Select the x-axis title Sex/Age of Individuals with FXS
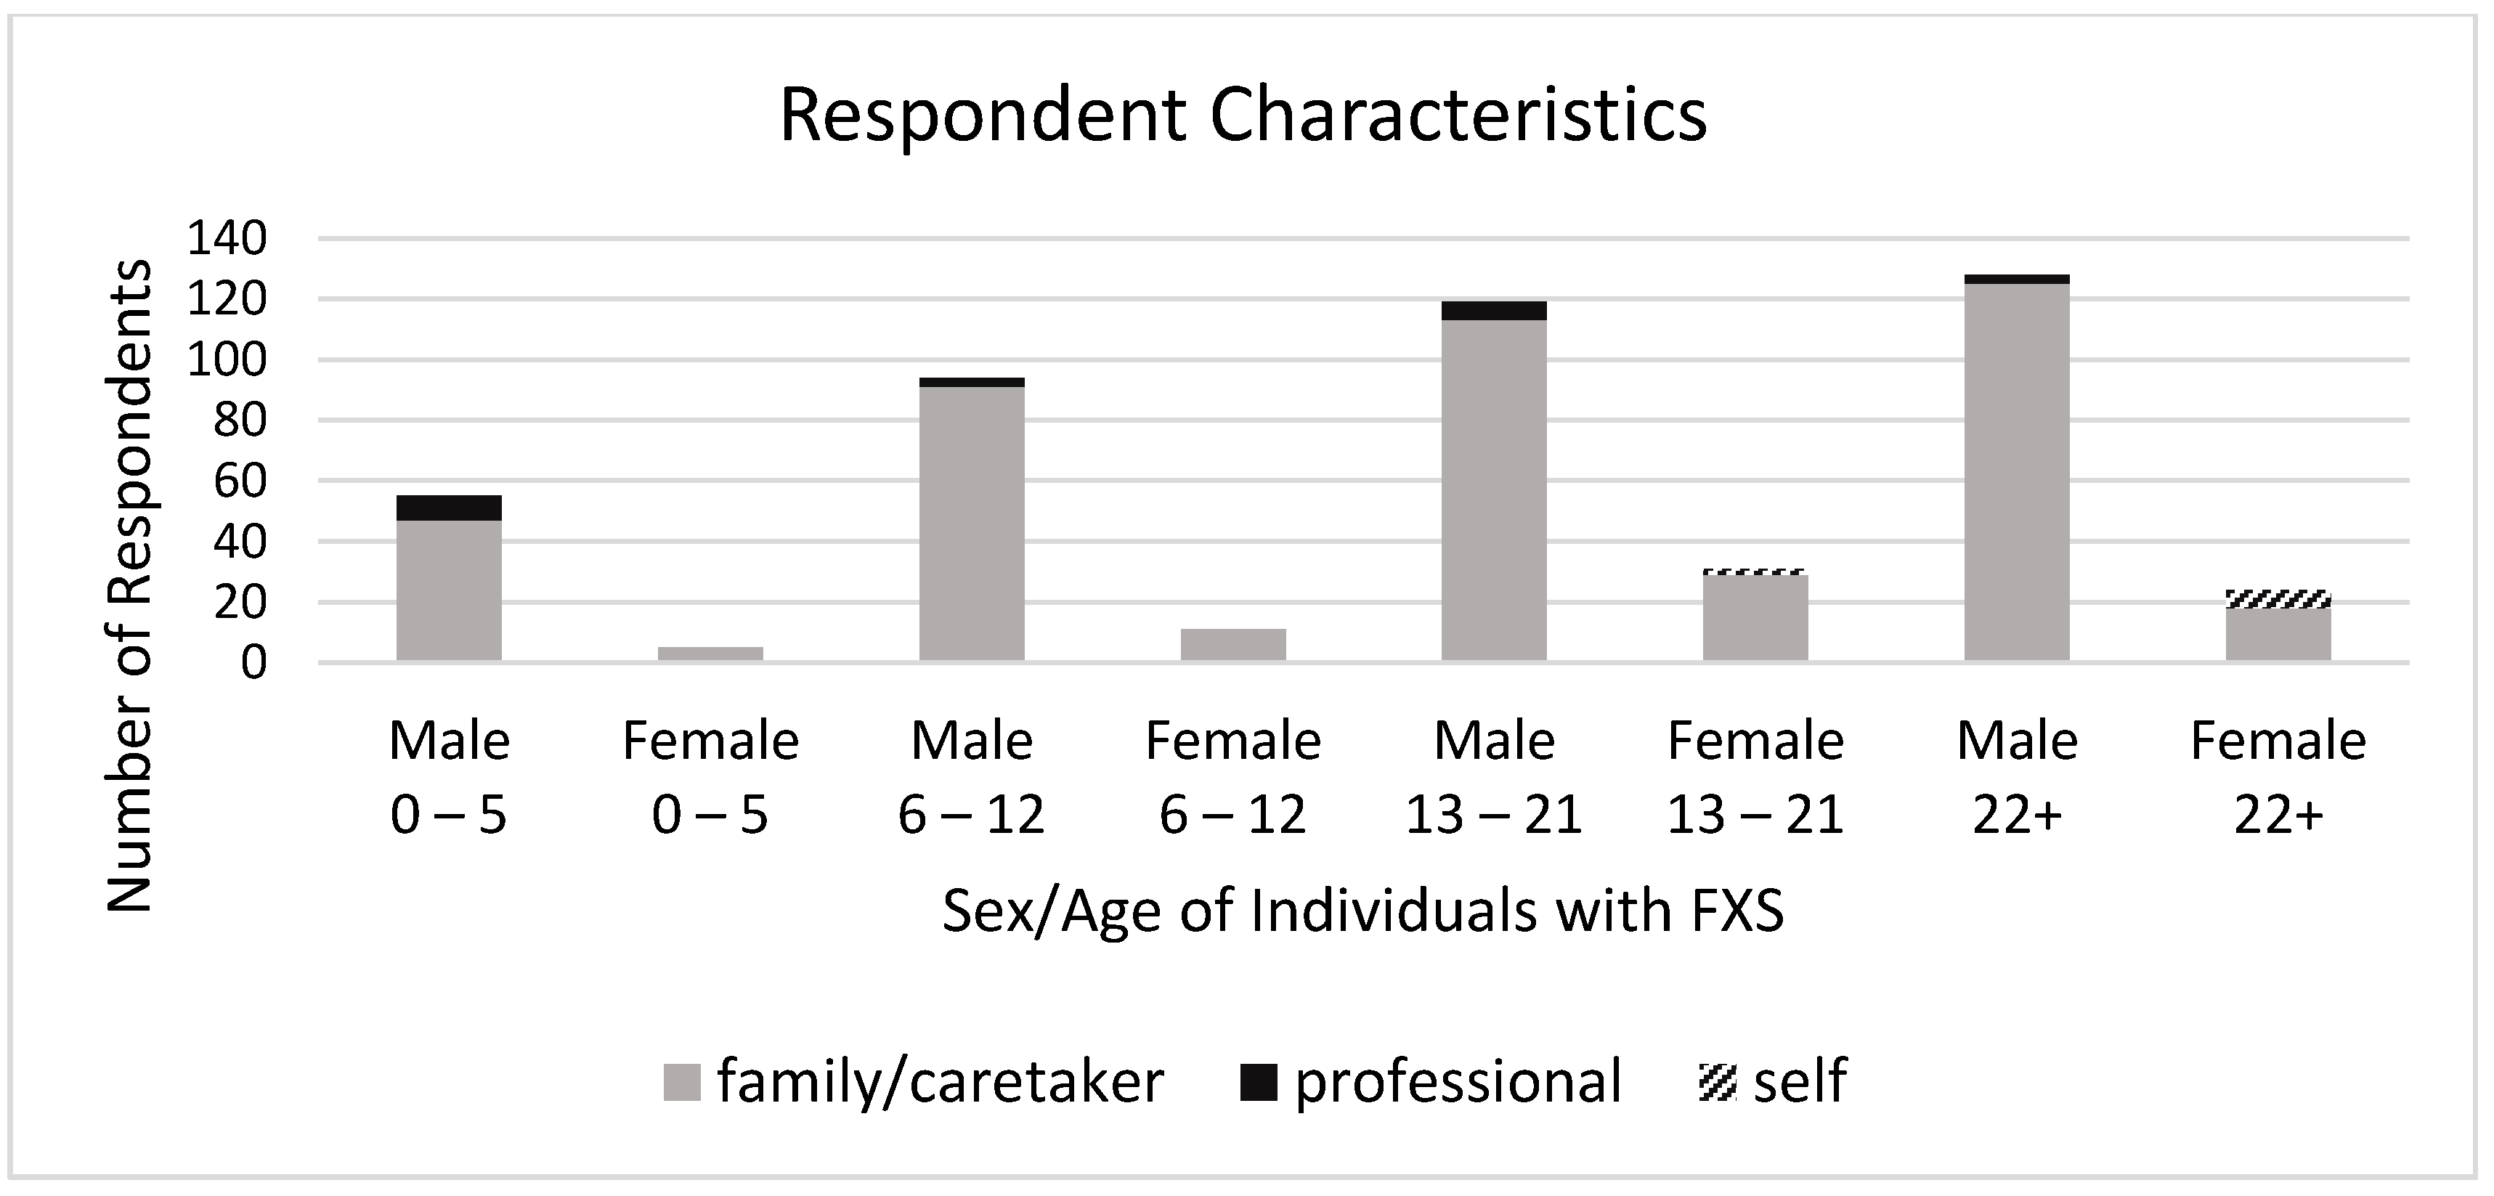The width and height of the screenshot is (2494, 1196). tap(1362, 911)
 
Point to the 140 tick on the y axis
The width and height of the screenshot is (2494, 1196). tap(227, 238)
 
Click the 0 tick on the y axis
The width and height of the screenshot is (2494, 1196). tap(253, 664)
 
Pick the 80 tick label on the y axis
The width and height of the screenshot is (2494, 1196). tap(239, 421)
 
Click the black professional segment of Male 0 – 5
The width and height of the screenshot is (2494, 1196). tap(450, 508)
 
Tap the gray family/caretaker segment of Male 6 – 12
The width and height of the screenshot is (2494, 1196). tap(972, 523)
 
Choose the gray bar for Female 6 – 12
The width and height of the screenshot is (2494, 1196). tap(1233, 645)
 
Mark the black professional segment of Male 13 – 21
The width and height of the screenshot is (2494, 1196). tap(1494, 311)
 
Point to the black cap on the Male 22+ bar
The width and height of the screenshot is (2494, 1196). tap(2017, 280)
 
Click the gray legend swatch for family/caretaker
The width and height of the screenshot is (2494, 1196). tap(681, 1083)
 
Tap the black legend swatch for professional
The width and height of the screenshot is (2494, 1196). tap(1259, 1083)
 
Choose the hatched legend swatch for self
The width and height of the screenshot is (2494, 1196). tap(1718, 1083)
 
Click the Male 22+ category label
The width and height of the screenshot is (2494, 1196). tap(2017, 778)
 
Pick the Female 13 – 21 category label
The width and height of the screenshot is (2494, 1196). tap(1755, 778)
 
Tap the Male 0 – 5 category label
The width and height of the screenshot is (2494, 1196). tap(450, 778)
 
